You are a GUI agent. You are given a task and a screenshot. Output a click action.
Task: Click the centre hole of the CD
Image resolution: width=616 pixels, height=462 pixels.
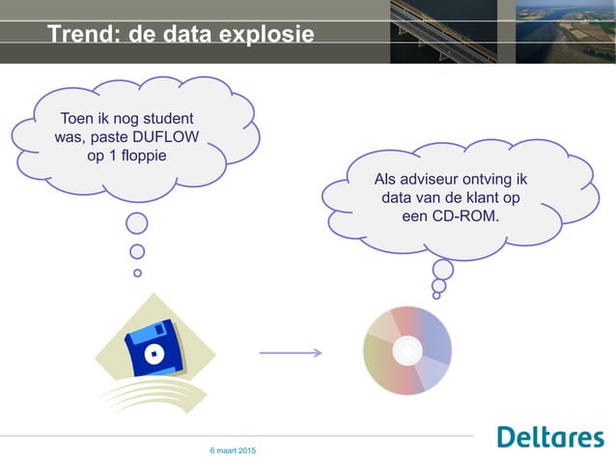point(406,350)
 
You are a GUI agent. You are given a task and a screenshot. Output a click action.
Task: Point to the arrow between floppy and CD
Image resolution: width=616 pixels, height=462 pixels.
point(290,354)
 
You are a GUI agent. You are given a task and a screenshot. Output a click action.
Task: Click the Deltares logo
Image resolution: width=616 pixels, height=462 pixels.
point(550,437)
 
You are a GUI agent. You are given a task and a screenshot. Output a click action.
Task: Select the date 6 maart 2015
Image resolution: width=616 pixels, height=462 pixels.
point(233,451)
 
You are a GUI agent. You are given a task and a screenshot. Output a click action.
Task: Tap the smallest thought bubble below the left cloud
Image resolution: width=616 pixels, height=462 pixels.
point(137,273)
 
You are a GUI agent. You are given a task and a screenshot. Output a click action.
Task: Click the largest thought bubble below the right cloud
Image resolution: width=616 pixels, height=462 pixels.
point(443,269)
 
